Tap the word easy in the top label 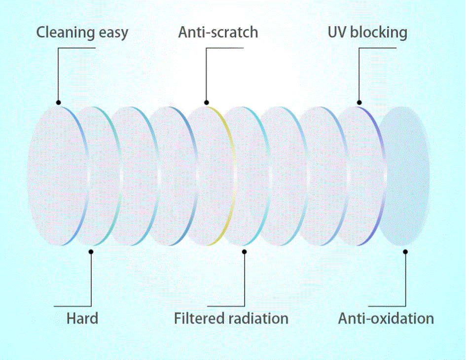(x=113, y=33)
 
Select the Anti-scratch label (x=218, y=32)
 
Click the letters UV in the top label (x=337, y=32)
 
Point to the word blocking (x=379, y=33)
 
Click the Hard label (x=82, y=318)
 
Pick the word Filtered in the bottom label (x=200, y=318)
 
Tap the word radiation (x=258, y=318)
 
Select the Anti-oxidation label (x=386, y=318)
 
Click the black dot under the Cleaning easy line (x=58, y=103)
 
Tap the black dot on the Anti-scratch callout (x=207, y=103)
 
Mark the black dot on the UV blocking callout (x=359, y=103)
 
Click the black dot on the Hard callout (x=91, y=252)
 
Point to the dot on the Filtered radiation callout (x=245, y=252)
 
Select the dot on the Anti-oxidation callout (x=405, y=252)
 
